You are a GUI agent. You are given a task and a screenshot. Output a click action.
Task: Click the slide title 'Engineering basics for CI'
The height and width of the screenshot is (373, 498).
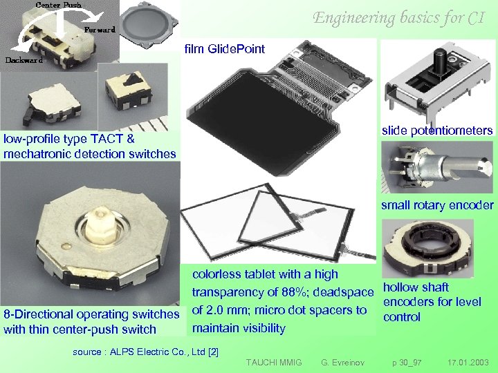point(398,18)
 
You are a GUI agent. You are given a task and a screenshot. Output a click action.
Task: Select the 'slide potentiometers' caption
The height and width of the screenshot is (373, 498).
point(437,131)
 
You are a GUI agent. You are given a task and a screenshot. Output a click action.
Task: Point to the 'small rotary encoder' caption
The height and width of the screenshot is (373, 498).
point(437,204)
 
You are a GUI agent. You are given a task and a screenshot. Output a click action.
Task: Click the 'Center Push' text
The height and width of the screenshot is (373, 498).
point(58,5)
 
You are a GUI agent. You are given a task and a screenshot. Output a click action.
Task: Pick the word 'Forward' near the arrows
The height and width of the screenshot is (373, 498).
point(100,30)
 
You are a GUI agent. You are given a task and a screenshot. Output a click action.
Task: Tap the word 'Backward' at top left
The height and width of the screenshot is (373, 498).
point(25,59)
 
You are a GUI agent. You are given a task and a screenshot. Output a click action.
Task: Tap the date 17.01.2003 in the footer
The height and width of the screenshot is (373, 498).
point(468,362)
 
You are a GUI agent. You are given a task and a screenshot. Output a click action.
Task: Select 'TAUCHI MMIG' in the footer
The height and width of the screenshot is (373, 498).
point(274,362)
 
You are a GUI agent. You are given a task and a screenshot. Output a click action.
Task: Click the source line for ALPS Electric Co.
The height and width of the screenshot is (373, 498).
point(145,352)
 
